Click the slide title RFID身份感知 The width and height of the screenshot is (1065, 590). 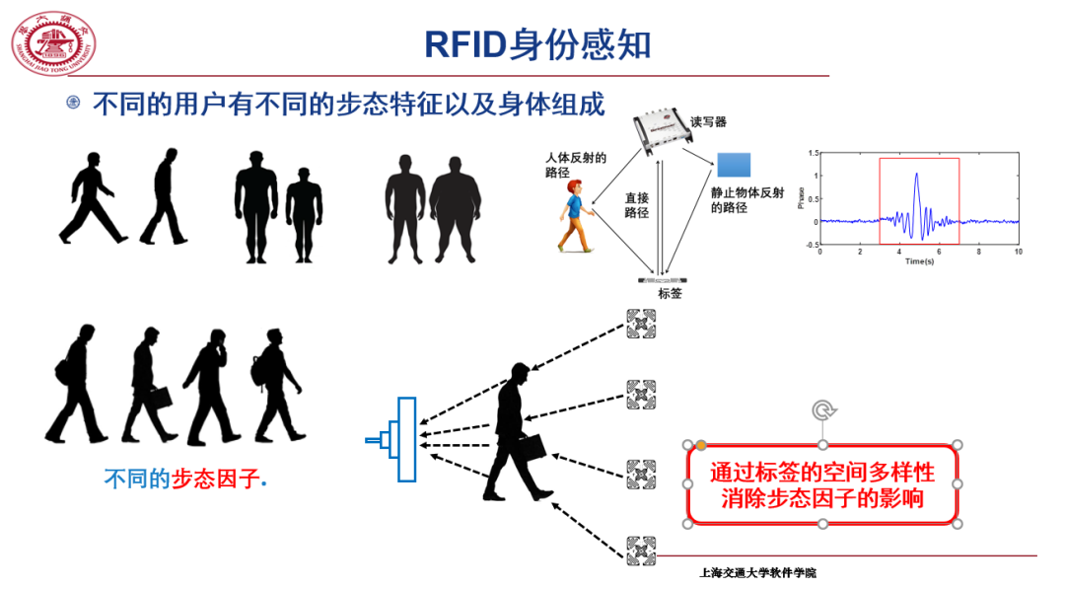[x=537, y=45]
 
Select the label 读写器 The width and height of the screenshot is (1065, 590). [x=708, y=121]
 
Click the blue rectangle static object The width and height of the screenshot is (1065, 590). [x=733, y=165]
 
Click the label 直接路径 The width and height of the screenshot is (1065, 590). [x=636, y=204]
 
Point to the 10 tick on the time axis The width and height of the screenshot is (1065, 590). [x=1018, y=253]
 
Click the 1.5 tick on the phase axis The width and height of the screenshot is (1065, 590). [x=814, y=153]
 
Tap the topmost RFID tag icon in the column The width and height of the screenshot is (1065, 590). [x=640, y=324]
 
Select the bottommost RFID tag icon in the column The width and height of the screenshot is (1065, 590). [x=640, y=551]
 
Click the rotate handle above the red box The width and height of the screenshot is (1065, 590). [x=823, y=411]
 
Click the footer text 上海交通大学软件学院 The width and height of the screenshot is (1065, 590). [x=757, y=573]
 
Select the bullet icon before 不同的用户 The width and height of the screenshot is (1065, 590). [x=73, y=103]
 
